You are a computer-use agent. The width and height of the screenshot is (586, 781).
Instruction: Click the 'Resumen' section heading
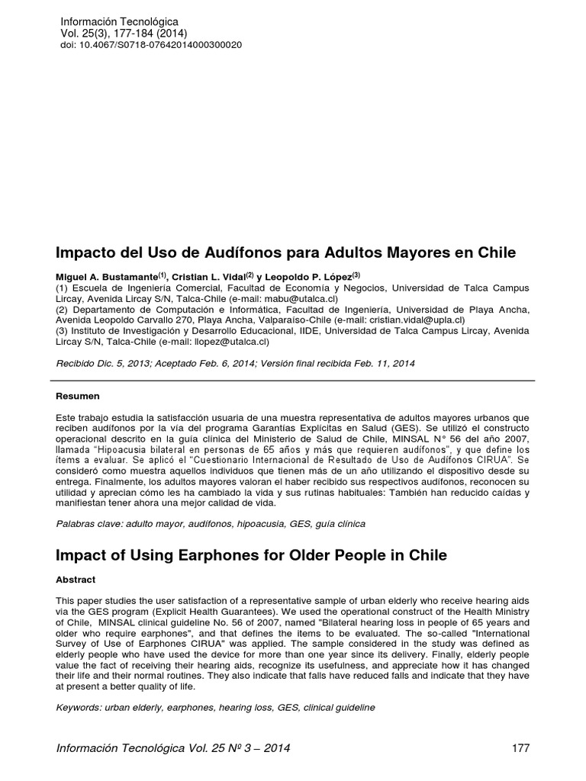[79, 397]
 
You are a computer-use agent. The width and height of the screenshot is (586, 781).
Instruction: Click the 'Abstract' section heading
[78, 580]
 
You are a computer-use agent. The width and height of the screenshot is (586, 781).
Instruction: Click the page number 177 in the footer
[520, 747]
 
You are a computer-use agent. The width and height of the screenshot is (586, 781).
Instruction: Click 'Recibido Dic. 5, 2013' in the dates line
[104, 364]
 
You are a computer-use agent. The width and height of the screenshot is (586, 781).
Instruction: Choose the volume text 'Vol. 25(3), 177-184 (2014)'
[123, 34]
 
